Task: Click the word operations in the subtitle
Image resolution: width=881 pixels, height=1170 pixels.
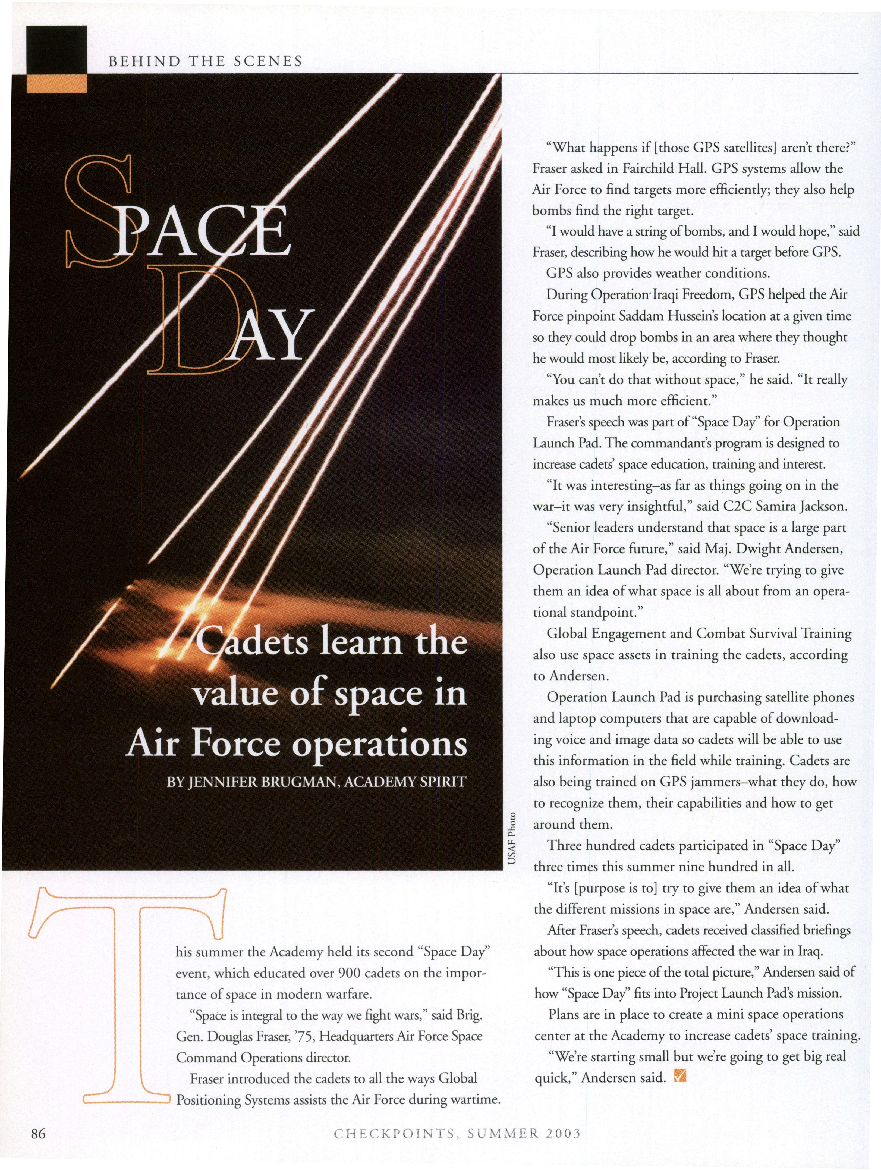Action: tap(379, 745)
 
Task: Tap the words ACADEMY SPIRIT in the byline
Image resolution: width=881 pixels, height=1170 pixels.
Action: tap(405, 782)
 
